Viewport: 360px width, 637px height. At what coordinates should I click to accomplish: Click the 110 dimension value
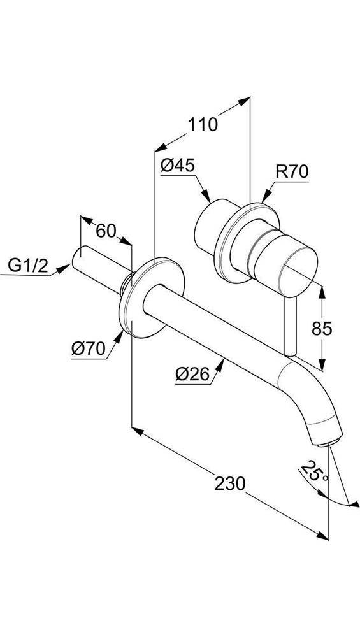(203, 124)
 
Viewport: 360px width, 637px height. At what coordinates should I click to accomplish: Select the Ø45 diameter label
(177, 166)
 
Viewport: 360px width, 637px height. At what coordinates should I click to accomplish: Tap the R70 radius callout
(292, 171)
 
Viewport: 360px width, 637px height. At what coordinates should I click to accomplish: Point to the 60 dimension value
(106, 230)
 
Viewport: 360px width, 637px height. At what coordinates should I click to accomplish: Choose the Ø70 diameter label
(88, 348)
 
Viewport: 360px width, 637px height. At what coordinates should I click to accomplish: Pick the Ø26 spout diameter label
(192, 375)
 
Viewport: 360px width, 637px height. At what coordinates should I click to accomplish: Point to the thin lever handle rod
(292, 325)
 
